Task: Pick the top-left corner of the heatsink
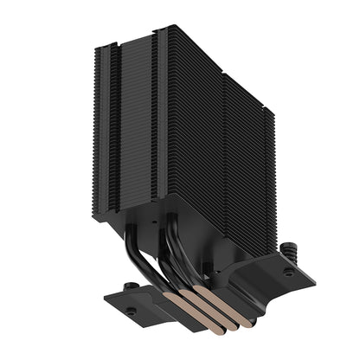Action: tap(93, 43)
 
